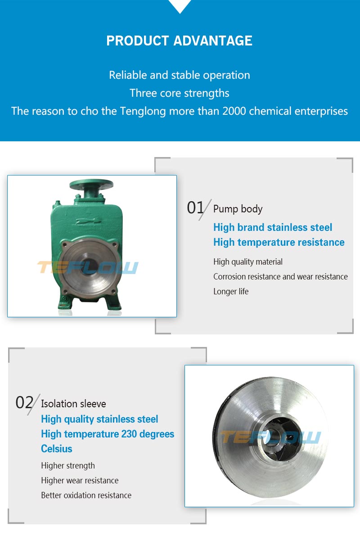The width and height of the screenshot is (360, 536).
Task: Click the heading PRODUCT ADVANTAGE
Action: click(179, 41)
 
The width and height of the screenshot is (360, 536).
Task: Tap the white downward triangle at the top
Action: click(180, 5)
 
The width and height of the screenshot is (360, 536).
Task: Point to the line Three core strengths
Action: click(180, 93)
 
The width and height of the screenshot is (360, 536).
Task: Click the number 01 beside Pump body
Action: click(195, 207)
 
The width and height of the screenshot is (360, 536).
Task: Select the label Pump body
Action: click(238, 209)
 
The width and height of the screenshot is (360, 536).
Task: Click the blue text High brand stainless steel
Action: click(273, 227)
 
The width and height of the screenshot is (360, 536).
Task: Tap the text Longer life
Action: click(231, 292)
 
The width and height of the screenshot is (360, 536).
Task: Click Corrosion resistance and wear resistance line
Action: click(280, 276)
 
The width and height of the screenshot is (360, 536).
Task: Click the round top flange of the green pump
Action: click(91, 185)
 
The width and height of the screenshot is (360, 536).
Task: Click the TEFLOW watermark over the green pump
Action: click(88, 267)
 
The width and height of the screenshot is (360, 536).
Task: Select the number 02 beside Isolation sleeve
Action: click(24, 403)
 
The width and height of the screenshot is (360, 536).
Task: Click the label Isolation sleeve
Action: click(73, 404)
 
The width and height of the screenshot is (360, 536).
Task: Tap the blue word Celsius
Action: click(56, 449)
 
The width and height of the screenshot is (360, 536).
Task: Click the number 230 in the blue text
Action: click(129, 434)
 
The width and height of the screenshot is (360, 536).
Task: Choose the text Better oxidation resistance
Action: click(86, 495)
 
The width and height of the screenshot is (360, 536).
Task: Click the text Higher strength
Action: click(68, 466)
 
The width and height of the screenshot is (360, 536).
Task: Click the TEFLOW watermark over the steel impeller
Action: click(270, 437)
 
